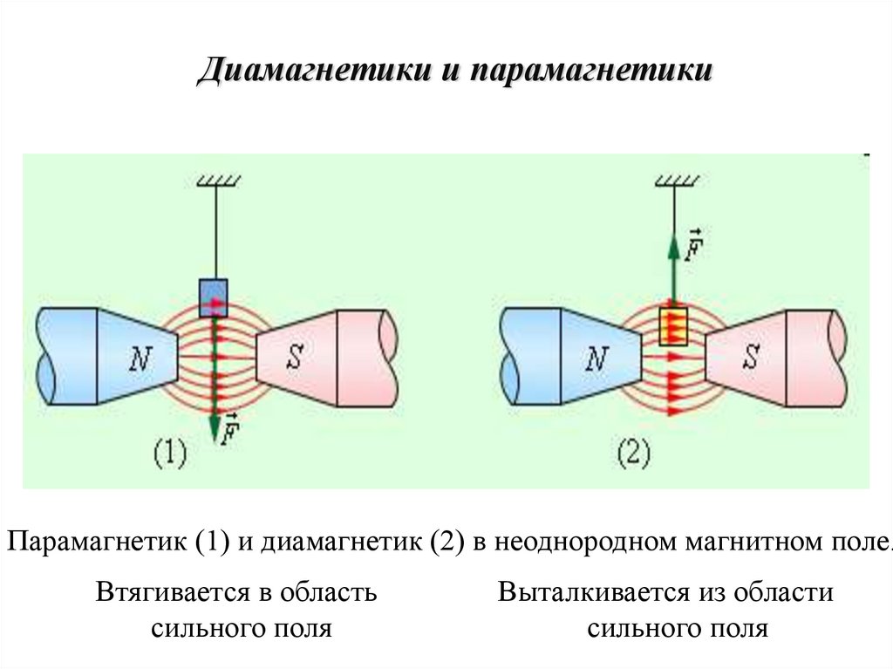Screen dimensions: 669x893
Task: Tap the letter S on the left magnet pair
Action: pos(295,357)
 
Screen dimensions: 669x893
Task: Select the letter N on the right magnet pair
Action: pos(596,358)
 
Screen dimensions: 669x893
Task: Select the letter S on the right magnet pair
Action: pos(750,357)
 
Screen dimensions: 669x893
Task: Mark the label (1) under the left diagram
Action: pos(170,454)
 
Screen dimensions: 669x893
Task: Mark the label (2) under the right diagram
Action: pos(633,454)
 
